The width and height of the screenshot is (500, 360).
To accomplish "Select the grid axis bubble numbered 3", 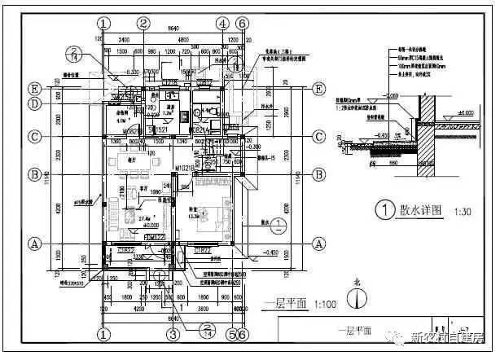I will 173,334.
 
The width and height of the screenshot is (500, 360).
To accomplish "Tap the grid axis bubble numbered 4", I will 222,23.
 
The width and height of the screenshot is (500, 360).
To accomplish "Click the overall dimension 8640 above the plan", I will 173,30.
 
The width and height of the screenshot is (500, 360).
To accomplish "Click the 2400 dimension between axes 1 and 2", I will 123,38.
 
